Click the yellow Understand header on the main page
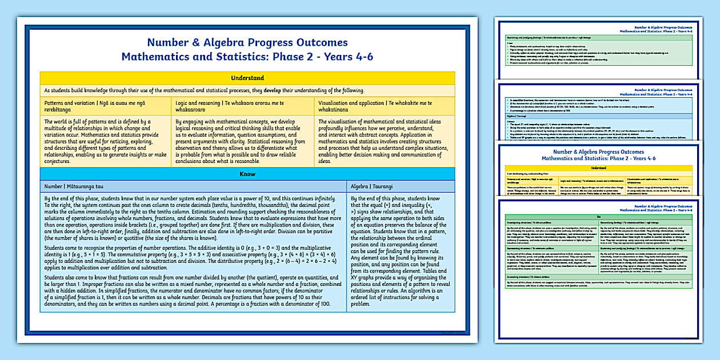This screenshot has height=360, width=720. [247, 78]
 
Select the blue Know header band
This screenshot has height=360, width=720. [247, 174]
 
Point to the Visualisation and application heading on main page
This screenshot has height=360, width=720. [375, 106]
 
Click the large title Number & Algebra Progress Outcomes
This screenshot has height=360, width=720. [247, 42]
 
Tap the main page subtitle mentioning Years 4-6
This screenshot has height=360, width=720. [247, 57]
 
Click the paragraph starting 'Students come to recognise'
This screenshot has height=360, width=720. [193, 257]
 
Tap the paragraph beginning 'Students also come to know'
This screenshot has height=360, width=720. [193, 291]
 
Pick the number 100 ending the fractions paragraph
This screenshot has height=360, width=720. [325, 304]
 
